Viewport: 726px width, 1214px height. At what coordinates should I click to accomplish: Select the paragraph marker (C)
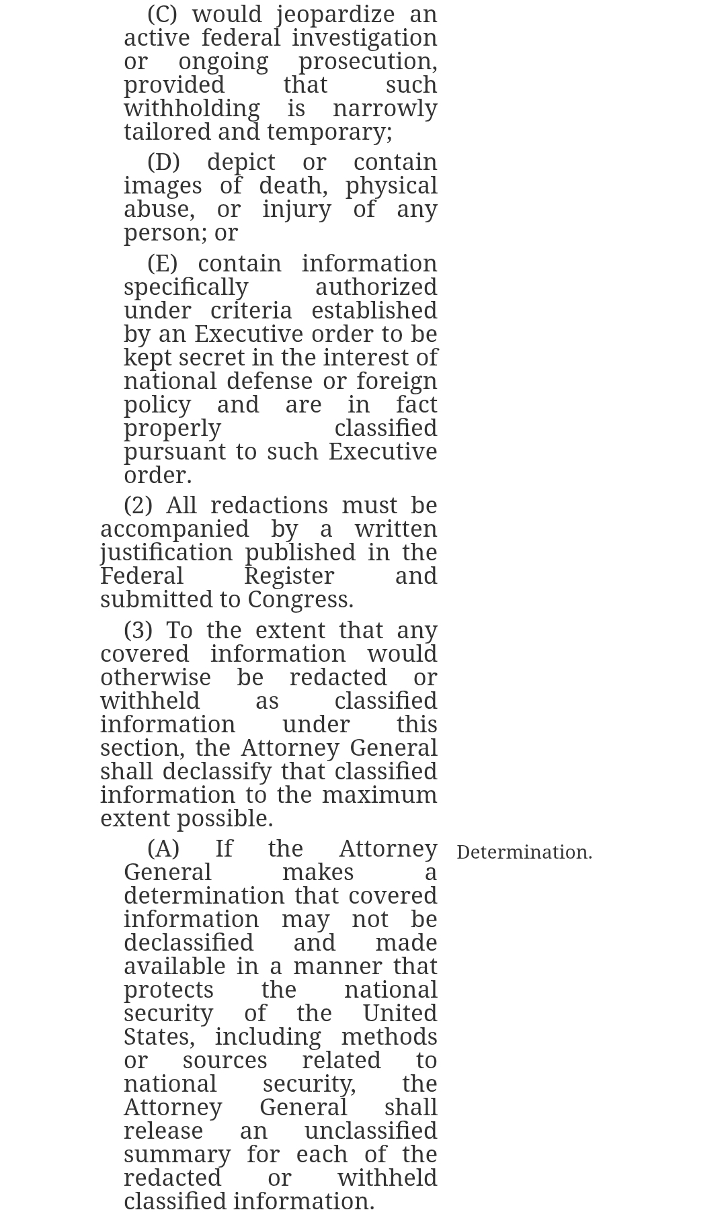pos(162,15)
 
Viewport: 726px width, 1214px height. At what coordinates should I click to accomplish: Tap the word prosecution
pos(367,62)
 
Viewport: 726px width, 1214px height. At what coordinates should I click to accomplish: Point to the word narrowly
pos(385,109)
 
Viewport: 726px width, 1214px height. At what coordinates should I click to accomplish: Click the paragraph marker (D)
pos(163,163)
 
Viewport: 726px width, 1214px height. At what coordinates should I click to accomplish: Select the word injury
pos(296,210)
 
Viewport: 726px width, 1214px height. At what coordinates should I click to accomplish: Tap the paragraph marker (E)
pos(162,264)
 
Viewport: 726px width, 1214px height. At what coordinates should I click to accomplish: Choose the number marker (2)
pos(138,506)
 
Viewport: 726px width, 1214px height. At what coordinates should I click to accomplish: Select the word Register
pos(288,576)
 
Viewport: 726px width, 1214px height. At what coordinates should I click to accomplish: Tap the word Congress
pos(300,600)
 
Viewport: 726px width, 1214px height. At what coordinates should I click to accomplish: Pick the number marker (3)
pos(138,631)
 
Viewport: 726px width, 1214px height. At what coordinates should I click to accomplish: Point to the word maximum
pos(379,795)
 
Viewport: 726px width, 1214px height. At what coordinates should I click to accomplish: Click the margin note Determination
pos(524,853)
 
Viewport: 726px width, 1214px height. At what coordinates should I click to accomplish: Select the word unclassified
pos(370,1131)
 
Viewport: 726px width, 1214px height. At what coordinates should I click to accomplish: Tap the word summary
pos(177,1155)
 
